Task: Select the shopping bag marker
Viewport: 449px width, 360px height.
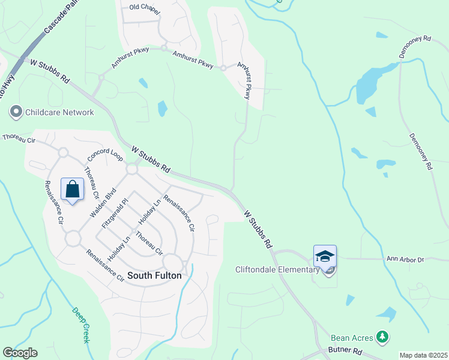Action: pos(72,190)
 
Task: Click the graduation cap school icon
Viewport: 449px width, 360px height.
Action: pos(325,256)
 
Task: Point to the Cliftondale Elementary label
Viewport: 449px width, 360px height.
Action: pos(277,269)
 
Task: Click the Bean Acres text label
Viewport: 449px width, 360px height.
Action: pos(352,338)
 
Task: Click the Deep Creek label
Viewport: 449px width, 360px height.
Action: pos(80,325)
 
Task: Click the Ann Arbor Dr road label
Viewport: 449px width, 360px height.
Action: pos(405,259)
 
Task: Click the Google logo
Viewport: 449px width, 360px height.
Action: pos(20,353)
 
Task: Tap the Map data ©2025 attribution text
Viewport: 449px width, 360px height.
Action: pos(423,355)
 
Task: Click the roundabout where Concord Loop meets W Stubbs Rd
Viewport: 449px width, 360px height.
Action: pos(132,170)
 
